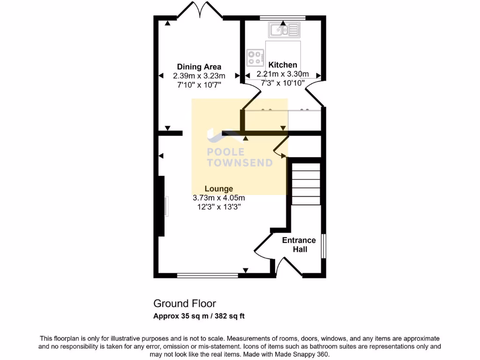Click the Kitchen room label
(283, 65)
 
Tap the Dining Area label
(199, 67)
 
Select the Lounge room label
(218, 189)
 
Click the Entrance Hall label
(299, 245)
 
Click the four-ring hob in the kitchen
(255, 58)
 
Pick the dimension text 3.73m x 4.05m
(218, 198)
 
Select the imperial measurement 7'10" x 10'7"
(199, 85)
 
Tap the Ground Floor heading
(185, 304)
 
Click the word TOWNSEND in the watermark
(240, 163)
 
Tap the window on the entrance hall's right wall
(323, 245)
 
